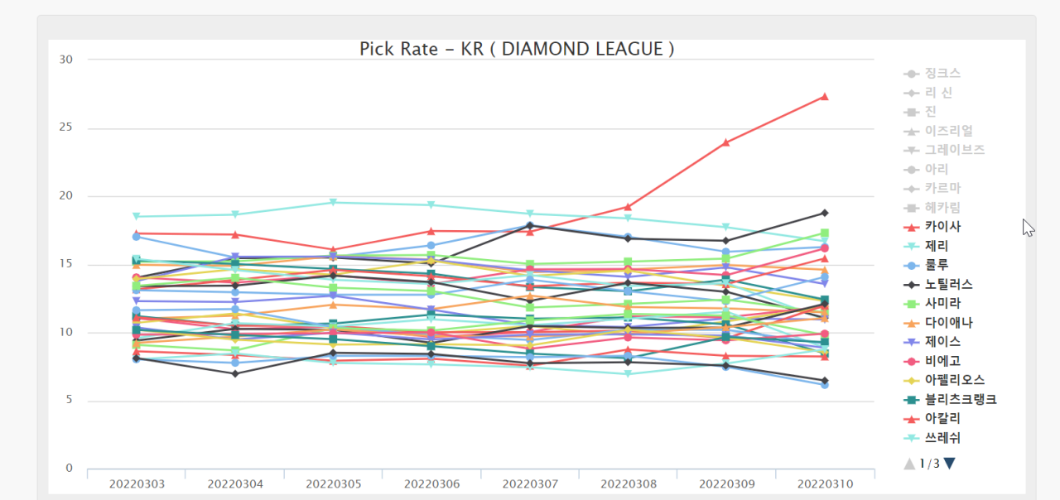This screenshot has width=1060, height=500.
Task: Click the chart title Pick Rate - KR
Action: [x=516, y=50]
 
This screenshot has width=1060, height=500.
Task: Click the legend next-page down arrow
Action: [x=949, y=464]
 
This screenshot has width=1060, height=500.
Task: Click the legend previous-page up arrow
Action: [x=910, y=464]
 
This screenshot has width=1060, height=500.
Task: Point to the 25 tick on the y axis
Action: [x=66, y=128]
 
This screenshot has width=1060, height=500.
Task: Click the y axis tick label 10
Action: [x=66, y=333]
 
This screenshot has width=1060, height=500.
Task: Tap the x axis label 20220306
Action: [x=431, y=483]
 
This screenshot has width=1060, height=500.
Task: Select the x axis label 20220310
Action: [x=825, y=483]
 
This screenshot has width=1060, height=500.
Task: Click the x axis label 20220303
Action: [x=136, y=483]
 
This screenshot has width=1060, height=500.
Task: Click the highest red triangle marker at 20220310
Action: [x=825, y=97]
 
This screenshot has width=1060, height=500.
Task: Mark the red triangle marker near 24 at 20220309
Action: [x=726, y=142]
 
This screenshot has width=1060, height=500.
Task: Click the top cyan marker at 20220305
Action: [x=333, y=203]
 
